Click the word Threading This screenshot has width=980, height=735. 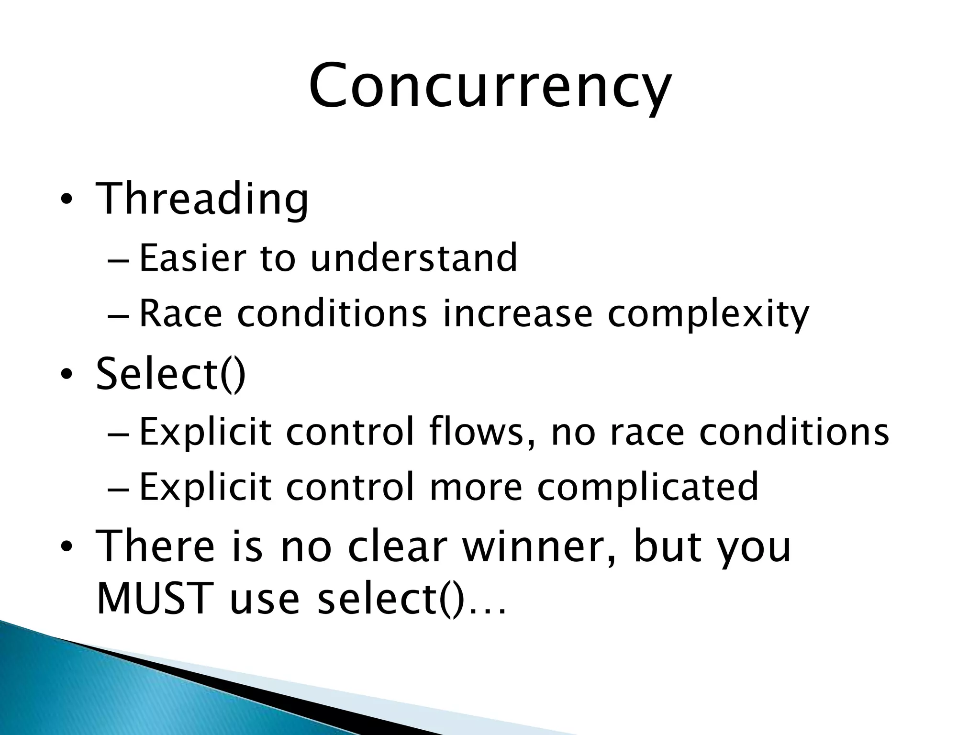(202, 199)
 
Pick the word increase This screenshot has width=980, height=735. (518, 313)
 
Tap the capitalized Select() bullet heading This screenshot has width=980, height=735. (171, 374)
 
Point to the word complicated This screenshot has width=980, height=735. (648, 487)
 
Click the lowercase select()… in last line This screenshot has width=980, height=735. (412, 600)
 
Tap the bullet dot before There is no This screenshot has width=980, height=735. (66, 546)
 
